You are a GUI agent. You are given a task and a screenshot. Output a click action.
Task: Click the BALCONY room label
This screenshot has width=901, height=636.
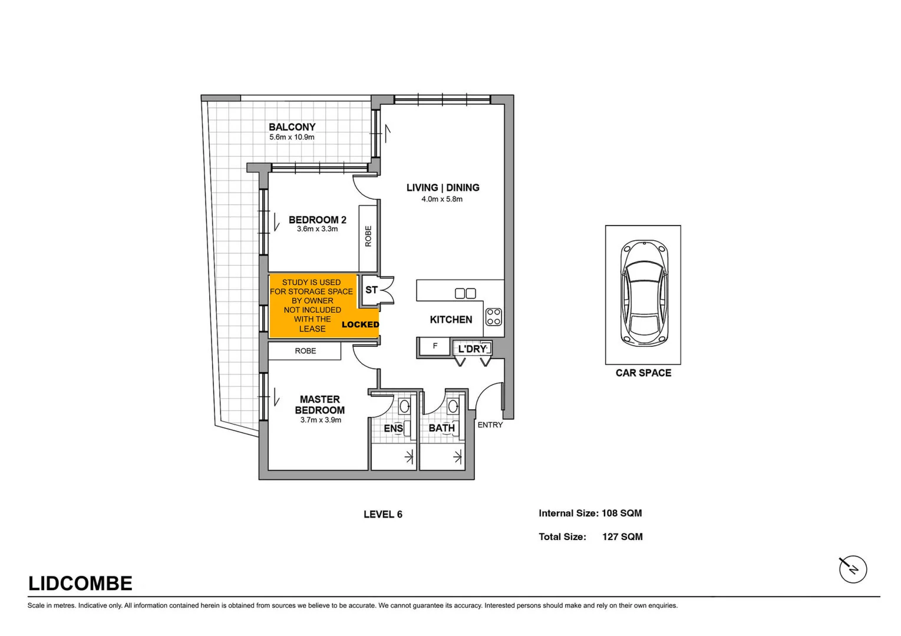(292, 127)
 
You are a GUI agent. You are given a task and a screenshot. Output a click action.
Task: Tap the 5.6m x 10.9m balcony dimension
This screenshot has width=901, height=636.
(292, 137)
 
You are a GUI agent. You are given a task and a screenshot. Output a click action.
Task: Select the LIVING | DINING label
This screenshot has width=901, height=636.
(443, 188)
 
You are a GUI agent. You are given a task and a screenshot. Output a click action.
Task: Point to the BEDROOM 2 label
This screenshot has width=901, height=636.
(317, 220)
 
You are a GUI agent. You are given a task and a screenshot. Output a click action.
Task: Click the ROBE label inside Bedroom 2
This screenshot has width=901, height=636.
(368, 236)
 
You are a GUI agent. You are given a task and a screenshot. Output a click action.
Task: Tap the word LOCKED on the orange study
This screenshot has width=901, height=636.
(360, 324)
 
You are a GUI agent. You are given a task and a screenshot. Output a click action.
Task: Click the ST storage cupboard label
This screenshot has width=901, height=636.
(371, 290)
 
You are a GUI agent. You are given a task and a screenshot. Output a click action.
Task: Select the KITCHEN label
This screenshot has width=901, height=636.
(451, 320)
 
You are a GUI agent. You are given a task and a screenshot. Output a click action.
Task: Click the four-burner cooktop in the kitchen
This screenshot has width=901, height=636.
(494, 317)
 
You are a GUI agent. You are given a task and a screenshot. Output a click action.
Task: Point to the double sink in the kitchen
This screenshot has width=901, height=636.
(465, 293)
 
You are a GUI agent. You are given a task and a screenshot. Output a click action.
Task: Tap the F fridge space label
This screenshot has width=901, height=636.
(435, 346)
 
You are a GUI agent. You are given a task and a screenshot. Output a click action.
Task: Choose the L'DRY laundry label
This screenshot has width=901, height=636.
(472, 349)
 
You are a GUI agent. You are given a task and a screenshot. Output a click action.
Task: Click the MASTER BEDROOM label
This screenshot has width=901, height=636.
(319, 405)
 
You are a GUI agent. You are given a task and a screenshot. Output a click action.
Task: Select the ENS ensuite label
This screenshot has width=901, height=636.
(393, 428)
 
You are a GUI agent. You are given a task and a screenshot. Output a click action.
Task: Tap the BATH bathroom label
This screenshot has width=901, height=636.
(441, 428)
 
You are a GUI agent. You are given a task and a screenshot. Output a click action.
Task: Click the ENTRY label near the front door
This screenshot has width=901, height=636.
(490, 425)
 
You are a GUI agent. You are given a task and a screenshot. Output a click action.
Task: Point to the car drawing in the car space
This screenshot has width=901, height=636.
(644, 293)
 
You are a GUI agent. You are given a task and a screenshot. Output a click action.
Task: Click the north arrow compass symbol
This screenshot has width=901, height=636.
(853, 569)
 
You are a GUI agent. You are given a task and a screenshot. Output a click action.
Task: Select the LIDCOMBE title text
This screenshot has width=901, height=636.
(80, 583)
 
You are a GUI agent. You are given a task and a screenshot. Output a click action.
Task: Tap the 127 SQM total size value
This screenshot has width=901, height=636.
(622, 536)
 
